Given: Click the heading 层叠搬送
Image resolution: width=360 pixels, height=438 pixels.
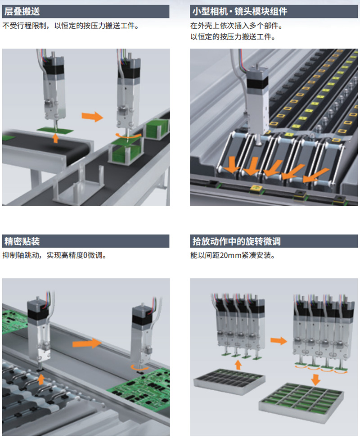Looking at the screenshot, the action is tap(22, 12).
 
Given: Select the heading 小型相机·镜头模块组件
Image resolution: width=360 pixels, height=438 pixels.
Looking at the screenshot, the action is tap(240, 12).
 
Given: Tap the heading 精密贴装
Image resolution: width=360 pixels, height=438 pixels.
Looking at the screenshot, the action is tap(22, 241).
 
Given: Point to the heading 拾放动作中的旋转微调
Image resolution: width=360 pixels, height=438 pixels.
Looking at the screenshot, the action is tap(236, 241).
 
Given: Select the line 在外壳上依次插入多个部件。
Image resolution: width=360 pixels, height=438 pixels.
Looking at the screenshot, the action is tap(237, 26).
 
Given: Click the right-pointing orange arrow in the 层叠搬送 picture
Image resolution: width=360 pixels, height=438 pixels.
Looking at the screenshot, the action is tap(92, 116).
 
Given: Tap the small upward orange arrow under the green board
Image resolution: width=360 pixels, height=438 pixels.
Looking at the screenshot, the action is tap(56, 138).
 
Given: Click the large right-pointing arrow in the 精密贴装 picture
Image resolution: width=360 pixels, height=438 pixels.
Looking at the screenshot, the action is tap(87, 343).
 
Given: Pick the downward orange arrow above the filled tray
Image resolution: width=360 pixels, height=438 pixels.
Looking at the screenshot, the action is tap(315, 379).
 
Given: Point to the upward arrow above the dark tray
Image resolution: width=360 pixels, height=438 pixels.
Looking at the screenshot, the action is tap(238, 365).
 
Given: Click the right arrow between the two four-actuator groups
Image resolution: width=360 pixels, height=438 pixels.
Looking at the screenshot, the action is tap(279, 340).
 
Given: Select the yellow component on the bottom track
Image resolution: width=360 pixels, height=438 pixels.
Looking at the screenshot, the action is tap(255, 188).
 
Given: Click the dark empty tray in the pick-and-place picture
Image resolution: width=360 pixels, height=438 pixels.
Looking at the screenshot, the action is tap(229, 381).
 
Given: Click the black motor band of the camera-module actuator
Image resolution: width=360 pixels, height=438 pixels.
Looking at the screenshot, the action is tap(257, 84).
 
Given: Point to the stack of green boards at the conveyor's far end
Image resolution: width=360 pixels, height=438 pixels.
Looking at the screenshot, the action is tap(157, 128).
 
